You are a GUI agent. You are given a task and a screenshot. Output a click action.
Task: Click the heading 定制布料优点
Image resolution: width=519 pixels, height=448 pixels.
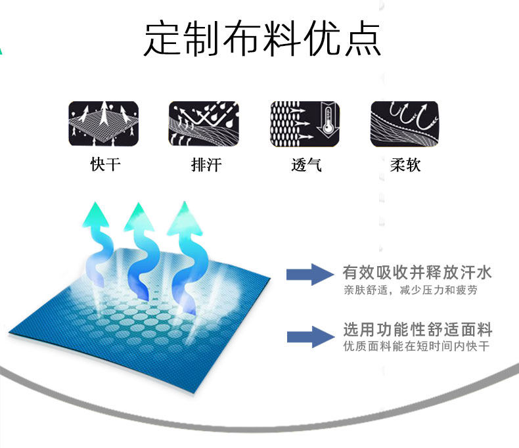(262, 39)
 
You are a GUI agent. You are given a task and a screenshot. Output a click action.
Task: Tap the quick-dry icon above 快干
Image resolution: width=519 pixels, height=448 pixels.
(104, 123)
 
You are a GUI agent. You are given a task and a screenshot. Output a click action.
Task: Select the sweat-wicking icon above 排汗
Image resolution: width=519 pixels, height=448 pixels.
(204, 123)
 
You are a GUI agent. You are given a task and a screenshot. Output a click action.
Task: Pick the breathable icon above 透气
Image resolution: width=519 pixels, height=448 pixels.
(304, 123)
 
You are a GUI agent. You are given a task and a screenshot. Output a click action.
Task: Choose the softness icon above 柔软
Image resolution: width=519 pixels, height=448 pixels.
(404, 123)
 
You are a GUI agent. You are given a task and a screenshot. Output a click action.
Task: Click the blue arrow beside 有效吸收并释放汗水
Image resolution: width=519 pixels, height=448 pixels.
(311, 274)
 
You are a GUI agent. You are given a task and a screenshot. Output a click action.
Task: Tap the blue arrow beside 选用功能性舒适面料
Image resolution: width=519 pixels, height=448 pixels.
(311, 336)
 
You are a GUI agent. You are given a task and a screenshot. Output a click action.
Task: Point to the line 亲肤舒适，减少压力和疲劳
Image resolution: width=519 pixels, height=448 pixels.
(410, 290)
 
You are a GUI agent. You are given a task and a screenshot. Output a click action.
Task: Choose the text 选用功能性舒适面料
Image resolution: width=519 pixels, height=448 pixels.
(418, 329)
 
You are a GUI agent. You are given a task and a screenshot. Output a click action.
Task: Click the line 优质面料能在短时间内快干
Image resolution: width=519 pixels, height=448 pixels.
(417, 346)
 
